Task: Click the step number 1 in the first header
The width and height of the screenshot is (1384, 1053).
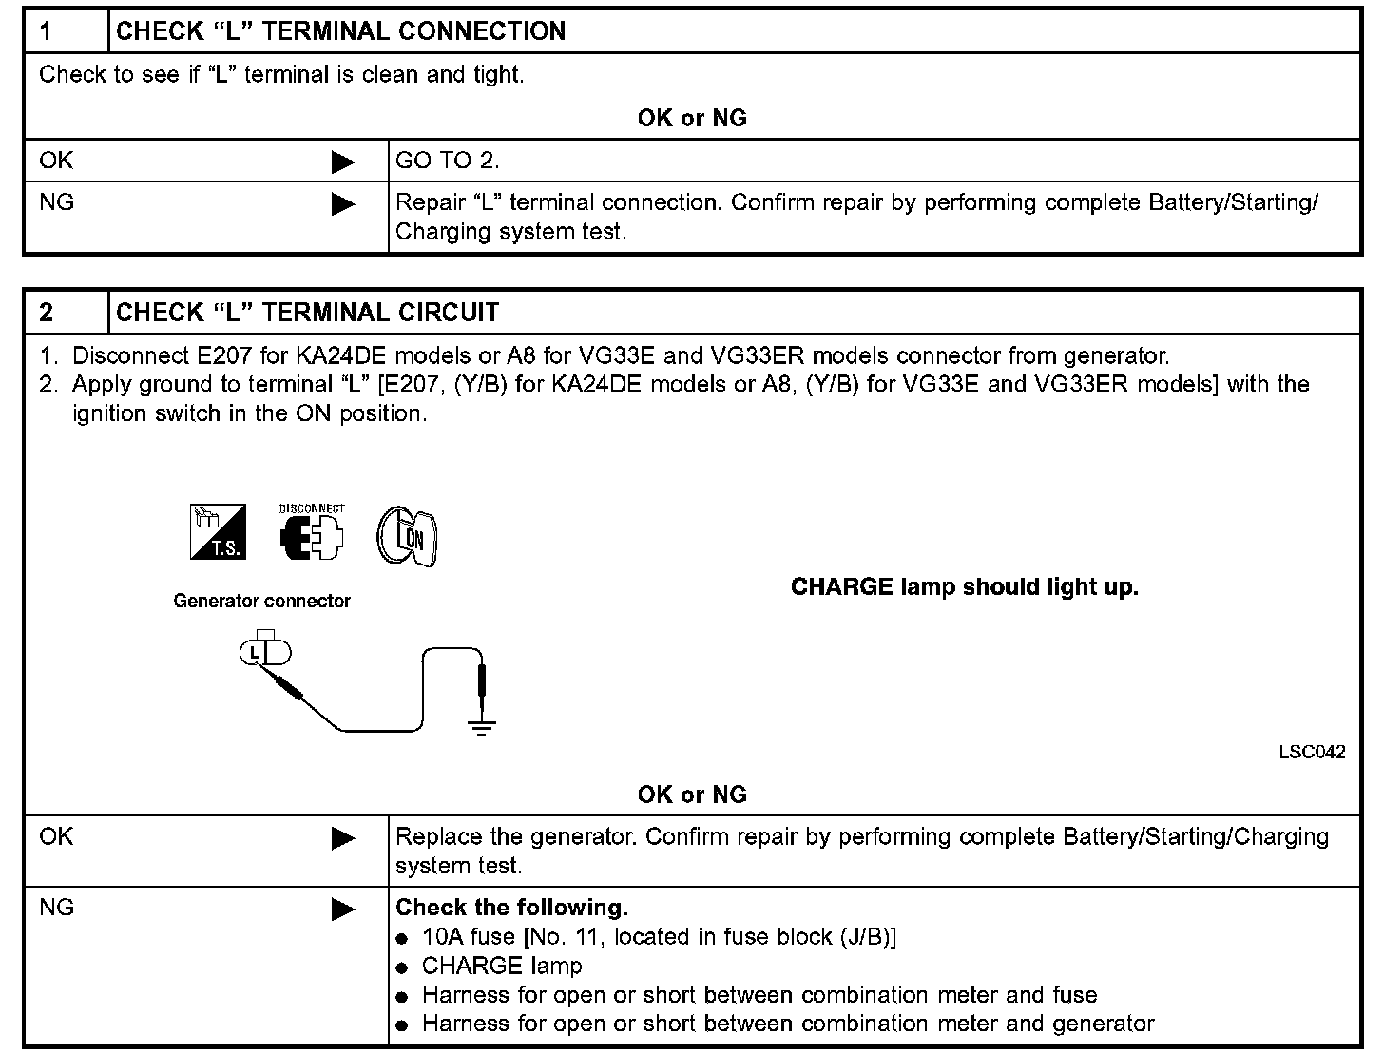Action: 46,31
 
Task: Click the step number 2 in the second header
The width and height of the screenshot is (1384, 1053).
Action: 47,313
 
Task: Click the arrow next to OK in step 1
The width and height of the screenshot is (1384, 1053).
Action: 342,163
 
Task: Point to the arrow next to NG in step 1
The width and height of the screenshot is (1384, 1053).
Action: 342,204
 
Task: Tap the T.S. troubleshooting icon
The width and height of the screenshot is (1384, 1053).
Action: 219,532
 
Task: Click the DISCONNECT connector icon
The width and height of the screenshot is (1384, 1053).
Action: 312,534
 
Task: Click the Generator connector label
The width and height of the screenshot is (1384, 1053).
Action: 261,601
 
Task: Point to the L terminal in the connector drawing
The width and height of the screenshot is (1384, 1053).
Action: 254,652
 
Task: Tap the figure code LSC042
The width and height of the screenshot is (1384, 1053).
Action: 1312,752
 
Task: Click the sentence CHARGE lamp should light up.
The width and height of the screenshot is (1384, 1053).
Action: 964,587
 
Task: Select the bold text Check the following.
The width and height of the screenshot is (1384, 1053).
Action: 511,908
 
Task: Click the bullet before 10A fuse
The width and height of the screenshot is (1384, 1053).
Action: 403,939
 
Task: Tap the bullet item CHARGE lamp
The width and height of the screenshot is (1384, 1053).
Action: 502,967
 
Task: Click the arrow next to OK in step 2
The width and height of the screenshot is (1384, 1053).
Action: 342,838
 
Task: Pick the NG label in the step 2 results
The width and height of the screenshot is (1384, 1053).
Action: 57,908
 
